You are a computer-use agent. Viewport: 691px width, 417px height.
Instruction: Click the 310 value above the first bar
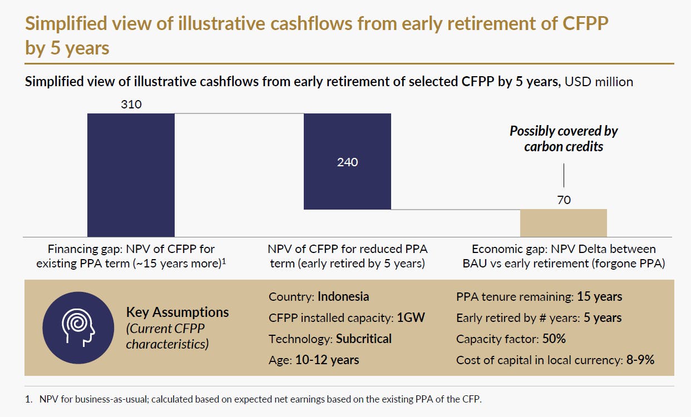click(x=131, y=104)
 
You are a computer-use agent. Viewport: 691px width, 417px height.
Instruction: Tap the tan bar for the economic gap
click(x=563, y=223)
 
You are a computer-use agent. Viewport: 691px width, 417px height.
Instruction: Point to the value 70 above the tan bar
click(x=564, y=200)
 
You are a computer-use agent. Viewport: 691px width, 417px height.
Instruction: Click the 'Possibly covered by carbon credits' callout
click(x=564, y=139)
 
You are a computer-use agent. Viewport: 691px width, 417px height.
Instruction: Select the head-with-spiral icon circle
click(x=78, y=328)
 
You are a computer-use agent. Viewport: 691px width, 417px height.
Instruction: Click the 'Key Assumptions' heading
click(x=177, y=312)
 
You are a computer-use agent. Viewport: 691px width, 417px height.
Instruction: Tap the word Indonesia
click(x=343, y=296)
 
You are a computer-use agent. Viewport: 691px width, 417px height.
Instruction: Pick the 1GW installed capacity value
click(x=411, y=317)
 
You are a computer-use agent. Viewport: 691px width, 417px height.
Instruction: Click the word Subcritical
click(x=364, y=339)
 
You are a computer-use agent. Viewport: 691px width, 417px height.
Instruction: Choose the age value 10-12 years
click(x=327, y=360)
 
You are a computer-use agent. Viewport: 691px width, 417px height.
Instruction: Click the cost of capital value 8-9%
click(x=640, y=360)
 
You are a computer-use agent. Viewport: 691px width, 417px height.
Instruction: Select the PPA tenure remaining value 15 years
click(x=599, y=296)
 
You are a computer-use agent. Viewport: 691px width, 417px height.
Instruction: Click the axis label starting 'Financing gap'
click(x=131, y=256)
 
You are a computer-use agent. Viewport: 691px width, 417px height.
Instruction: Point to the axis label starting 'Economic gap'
click(x=564, y=256)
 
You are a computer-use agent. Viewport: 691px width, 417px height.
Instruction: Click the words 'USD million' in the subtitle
click(x=599, y=82)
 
